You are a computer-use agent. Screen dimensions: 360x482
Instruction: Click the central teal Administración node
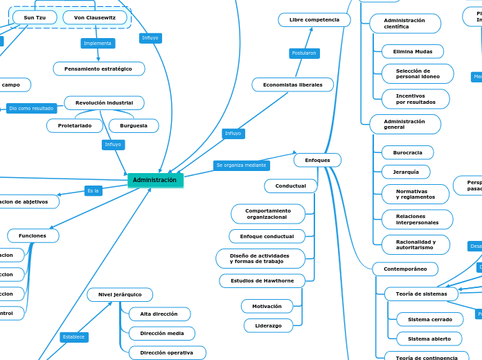[155, 180]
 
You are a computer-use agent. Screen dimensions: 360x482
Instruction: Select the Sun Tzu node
[35, 17]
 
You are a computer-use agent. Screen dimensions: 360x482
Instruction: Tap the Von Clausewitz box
[95, 17]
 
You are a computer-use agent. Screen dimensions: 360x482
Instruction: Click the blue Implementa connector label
[98, 43]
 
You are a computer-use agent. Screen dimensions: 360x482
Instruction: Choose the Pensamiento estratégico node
[98, 69]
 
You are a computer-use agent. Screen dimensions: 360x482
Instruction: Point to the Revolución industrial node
[104, 102]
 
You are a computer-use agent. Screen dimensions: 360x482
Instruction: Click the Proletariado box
[75, 125]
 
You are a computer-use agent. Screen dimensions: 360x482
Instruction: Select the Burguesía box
[134, 125]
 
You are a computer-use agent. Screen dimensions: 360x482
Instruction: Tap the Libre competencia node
[314, 20]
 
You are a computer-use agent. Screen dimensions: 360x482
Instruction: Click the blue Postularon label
[304, 53]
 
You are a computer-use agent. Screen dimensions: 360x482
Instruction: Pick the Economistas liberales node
[292, 84]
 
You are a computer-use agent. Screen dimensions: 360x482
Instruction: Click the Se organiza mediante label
[242, 165]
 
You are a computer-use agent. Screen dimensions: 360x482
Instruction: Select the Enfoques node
[317, 160]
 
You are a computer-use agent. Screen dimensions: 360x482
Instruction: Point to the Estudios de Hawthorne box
[262, 280]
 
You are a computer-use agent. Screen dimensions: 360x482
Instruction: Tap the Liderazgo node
[268, 325]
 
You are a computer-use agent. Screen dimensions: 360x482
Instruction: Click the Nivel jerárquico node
[120, 294]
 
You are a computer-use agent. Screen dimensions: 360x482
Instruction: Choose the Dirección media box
[162, 334]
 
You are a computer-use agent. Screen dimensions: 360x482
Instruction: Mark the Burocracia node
[407, 152]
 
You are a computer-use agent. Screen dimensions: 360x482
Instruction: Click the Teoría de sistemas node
[421, 294]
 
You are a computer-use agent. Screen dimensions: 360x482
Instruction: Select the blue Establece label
[73, 337]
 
